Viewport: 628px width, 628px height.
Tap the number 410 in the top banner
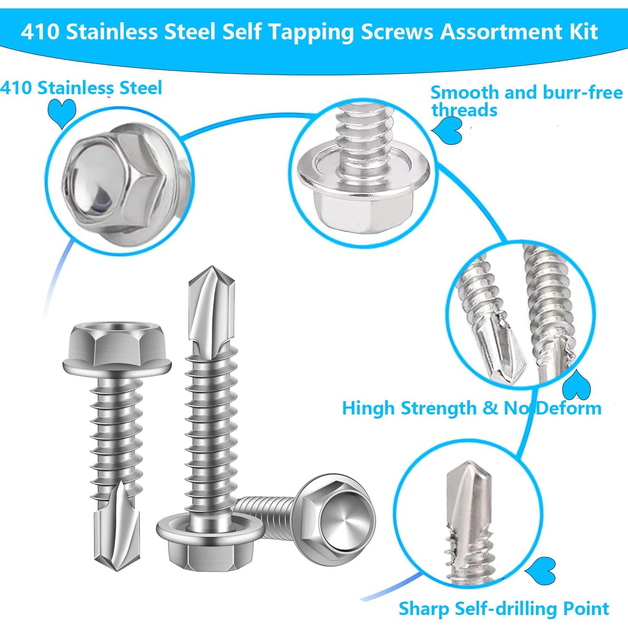tap(40, 32)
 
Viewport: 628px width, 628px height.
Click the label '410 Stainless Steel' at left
tap(81, 88)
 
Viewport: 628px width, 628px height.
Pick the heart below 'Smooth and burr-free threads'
tap(448, 131)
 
